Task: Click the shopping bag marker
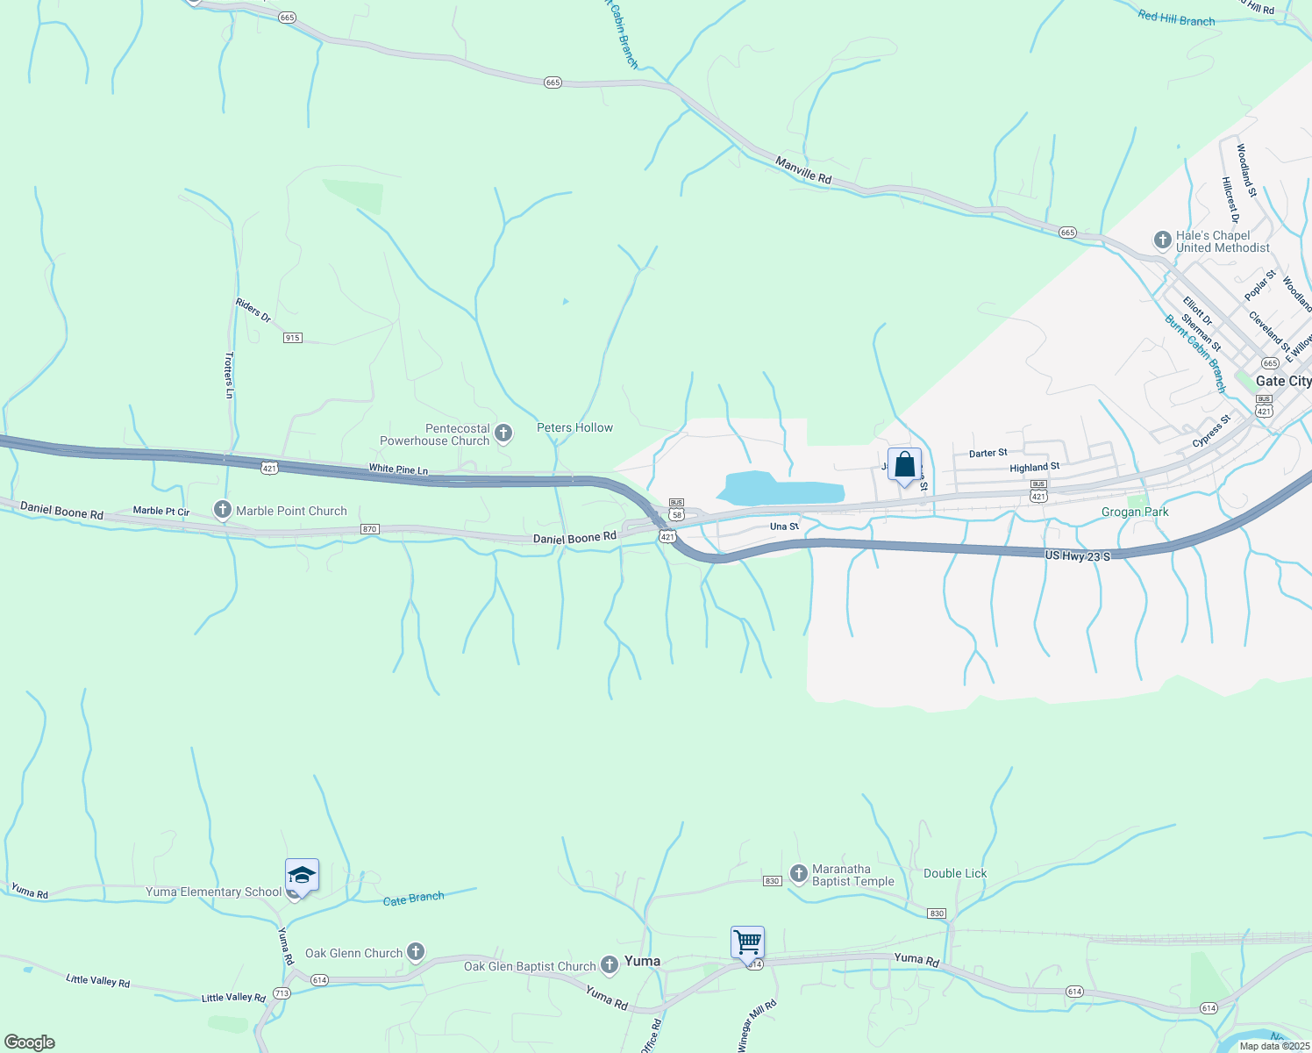pyautogui.click(x=904, y=465)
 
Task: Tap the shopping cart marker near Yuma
pyautogui.click(x=747, y=943)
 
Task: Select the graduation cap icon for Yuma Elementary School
pyautogui.click(x=302, y=876)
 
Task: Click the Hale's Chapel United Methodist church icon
pyautogui.click(x=1163, y=240)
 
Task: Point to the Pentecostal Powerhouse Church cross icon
pyautogui.click(x=503, y=433)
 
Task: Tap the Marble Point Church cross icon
pyautogui.click(x=223, y=510)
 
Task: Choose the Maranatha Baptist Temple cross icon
pyautogui.click(x=798, y=873)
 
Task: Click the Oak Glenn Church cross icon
pyautogui.click(x=416, y=952)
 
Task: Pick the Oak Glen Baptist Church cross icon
pyautogui.click(x=610, y=965)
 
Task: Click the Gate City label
pyautogui.click(x=1283, y=381)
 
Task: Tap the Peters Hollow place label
pyautogui.click(x=574, y=427)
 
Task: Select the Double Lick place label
pyautogui.click(x=955, y=873)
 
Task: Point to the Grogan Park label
pyautogui.click(x=1135, y=512)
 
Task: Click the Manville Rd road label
pyautogui.click(x=803, y=170)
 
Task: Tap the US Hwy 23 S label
pyautogui.click(x=1077, y=556)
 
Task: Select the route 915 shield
pyautogui.click(x=293, y=338)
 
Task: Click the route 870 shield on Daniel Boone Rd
pyautogui.click(x=369, y=529)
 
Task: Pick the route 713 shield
pyautogui.click(x=282, y=993)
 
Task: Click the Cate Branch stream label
pyautogui.click(x=414, y=899)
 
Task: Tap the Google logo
pyautogui.click(x=28, y=1042)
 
